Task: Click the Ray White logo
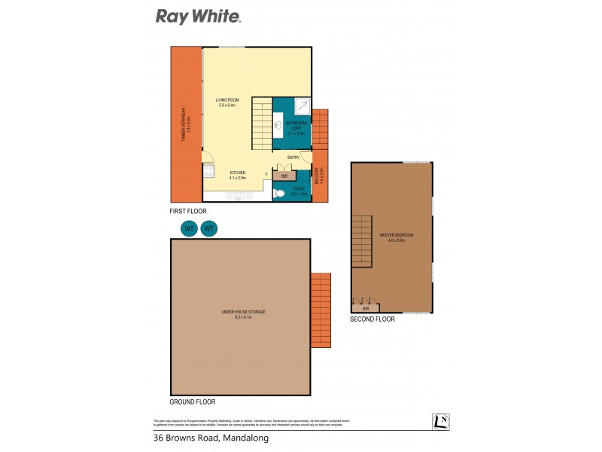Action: pos(198,16)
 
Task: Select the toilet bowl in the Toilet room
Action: pos(280,194)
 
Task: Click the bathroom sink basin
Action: pos(280,125)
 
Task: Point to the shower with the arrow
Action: pos(301,106)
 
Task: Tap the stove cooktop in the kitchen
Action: pos(208,170)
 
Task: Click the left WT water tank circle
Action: pos(189,228)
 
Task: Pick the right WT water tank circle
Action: pos(209,228)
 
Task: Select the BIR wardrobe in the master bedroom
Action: pos(366,306)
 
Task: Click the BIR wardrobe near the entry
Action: pos(284,175)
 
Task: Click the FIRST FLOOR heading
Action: pos(188,212)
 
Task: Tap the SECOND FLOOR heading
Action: pos(372,319)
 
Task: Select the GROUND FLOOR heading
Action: pos(193,402)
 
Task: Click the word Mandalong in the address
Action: pos(245,438)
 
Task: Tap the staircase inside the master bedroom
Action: pos(362,240)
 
